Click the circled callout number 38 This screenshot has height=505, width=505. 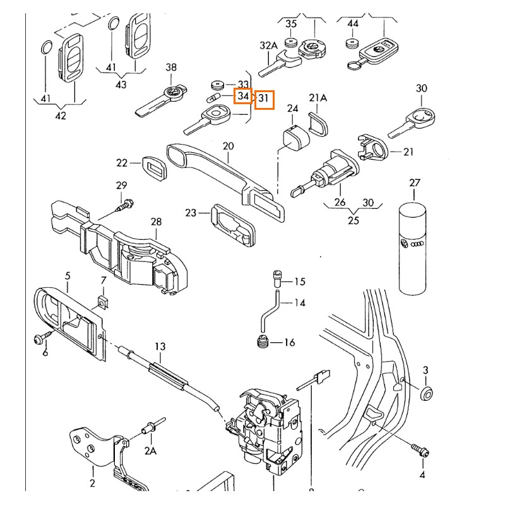click(171, 67)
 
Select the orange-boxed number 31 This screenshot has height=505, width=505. click(264, 99)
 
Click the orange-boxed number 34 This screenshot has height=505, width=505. click(243, 97)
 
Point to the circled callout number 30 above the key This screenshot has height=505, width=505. click(422, 88)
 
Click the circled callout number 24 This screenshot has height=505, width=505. click(293, 109)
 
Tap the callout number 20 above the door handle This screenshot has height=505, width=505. click(228, 146)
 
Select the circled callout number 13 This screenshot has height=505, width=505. click(160, 347)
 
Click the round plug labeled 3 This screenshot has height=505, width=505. click(427, 393)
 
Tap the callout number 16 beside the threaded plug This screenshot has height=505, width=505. click(289, 343)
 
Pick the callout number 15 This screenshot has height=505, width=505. click(299, 282)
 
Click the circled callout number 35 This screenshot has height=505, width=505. click(291, 24)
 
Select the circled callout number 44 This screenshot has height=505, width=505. click(353, 24)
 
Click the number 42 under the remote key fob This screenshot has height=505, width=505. click(61, 116)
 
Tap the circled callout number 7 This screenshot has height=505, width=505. click(104, 280)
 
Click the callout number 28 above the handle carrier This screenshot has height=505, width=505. click(156, 222)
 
